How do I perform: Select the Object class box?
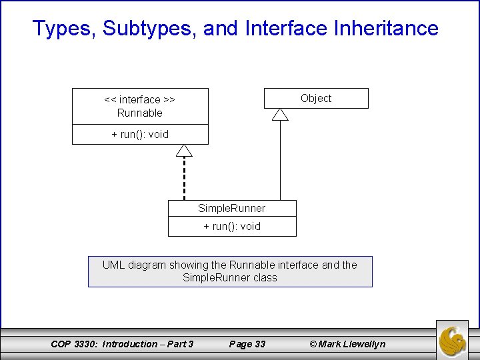[x=316, y=98]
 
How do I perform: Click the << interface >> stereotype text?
[x=140, y=99]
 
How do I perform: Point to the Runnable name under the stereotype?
[x=140, y=113]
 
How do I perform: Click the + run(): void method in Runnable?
[x=140, y=134]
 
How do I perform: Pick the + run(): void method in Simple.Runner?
[x=232, y=226]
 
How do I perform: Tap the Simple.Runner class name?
[x=232, y=208]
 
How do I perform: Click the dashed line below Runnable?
[x=184, y=179]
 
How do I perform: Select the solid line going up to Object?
[x=280, y=160]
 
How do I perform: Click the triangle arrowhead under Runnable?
[x=184, y=150]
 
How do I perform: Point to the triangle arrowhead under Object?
[x=280, y=115]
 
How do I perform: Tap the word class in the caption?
[x=265, y=277]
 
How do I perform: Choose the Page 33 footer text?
[x=247, y=344]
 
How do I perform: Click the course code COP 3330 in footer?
[x=73, y=344]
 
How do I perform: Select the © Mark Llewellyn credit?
[x=347, y=344]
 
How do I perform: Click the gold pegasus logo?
[x=453, y=339]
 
